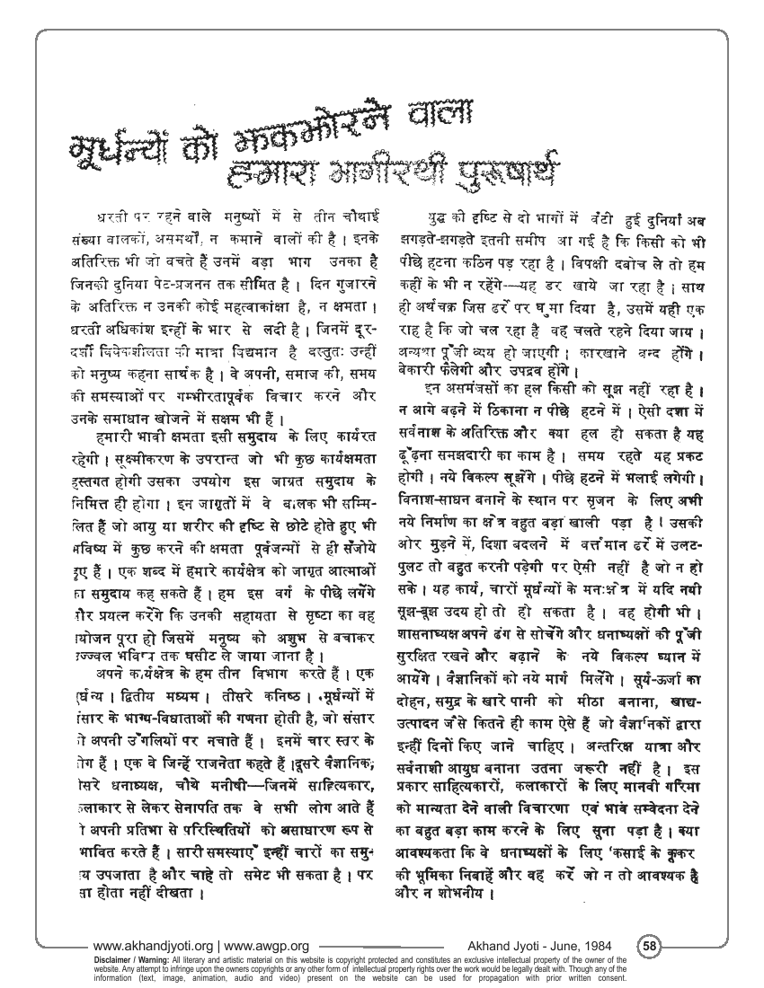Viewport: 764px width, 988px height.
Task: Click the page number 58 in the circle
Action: click(650, 945)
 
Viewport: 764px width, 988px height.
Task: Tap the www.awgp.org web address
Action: click(269, 946)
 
